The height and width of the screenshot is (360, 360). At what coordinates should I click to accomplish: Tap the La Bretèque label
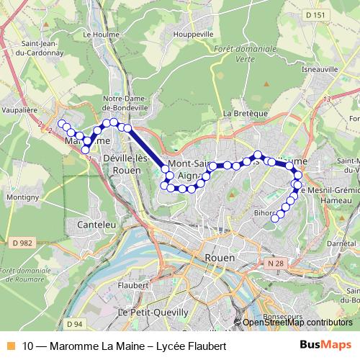(240, 114)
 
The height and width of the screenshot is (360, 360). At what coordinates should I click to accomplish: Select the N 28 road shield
(273, 264)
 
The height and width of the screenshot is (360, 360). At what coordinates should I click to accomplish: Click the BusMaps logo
(325, 345)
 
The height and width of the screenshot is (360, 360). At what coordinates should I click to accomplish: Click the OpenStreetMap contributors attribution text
(297, 323)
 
